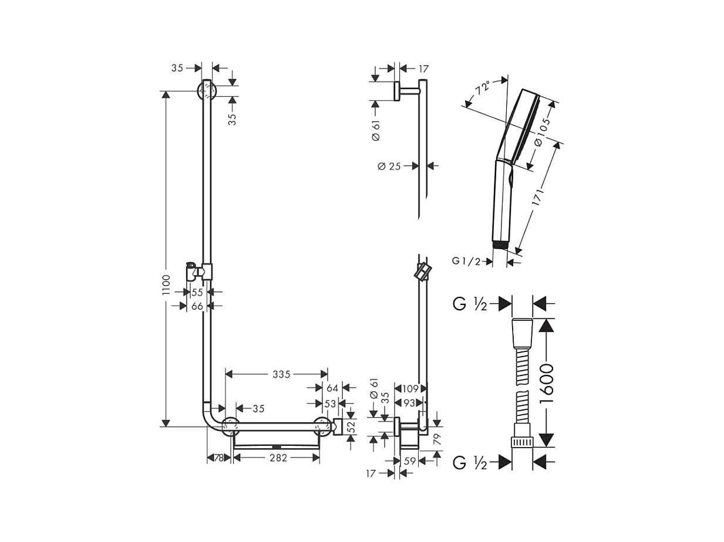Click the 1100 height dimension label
[166, 284]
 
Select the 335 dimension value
[281, 374]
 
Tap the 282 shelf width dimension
[278, 458]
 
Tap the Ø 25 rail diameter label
[389, 167]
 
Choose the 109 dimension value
[410, 388]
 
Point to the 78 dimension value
[219, 458]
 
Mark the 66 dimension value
[197, 306]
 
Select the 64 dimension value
[332, 388]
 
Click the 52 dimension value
[351, 426]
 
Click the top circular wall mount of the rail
[207, 91]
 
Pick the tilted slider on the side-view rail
[422, 272]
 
